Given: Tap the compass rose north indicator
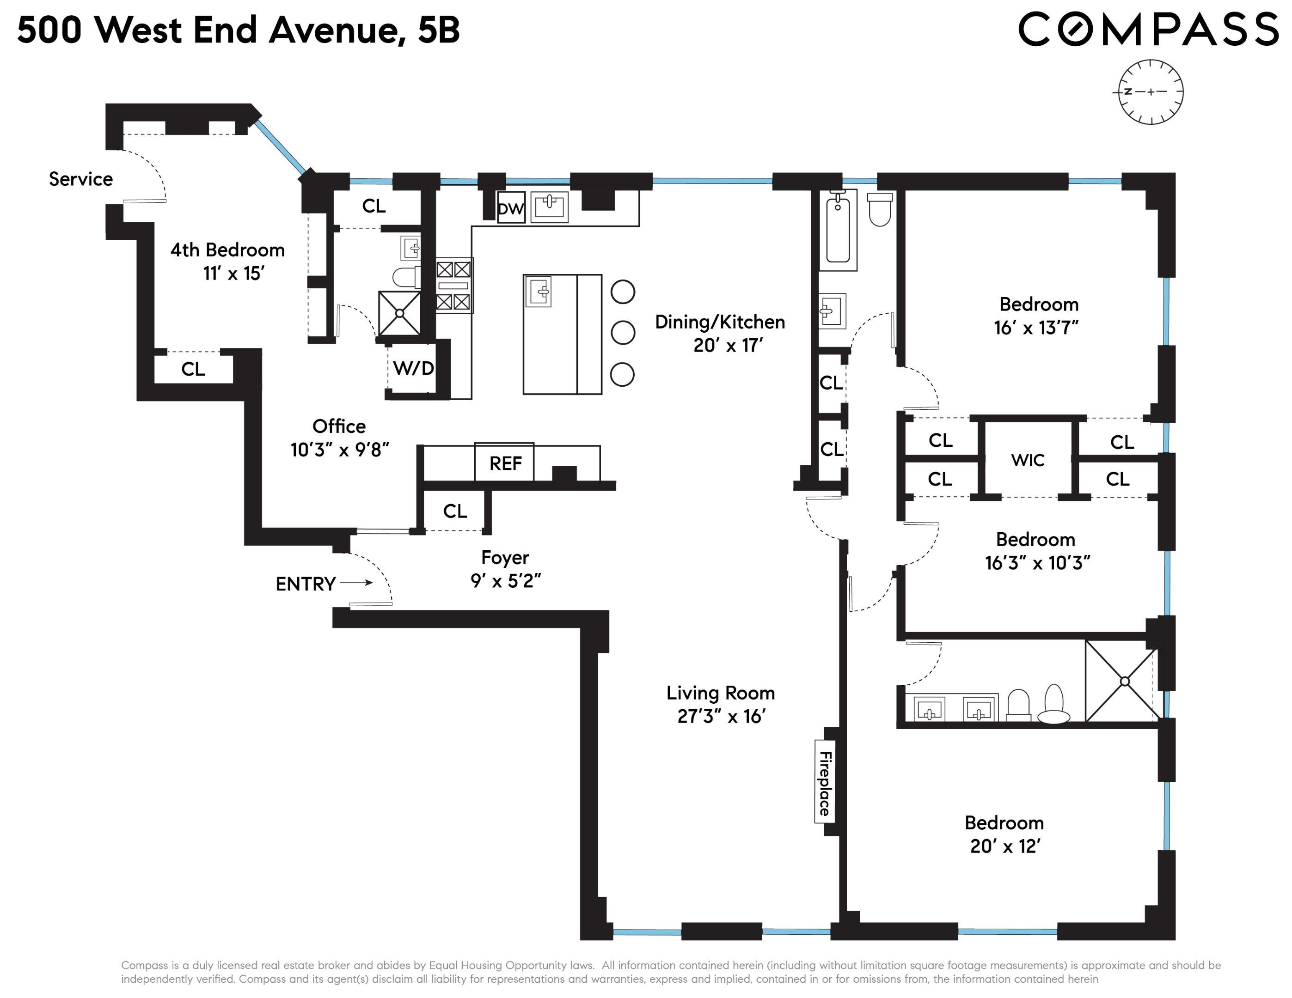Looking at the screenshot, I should click(1128, 91).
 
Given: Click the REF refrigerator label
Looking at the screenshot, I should click(505, 463).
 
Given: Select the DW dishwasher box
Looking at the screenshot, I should click(510, 208).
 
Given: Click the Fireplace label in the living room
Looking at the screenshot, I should click(824, 783).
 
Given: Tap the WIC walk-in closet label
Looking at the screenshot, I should click(1028, 460).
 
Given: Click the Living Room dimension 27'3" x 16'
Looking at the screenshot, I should click(721, 717).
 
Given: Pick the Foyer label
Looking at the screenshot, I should click(505, 558).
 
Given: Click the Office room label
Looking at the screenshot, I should click(339, 426).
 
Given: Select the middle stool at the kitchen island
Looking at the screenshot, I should click(622, 333).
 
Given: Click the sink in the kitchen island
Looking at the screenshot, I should click(539, 291).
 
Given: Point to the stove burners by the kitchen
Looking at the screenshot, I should click(454, 286).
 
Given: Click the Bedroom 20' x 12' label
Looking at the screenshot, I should click(1004, 823).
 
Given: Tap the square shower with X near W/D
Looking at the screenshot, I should click(399, 313).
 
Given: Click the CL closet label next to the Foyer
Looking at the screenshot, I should click(454, 511).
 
